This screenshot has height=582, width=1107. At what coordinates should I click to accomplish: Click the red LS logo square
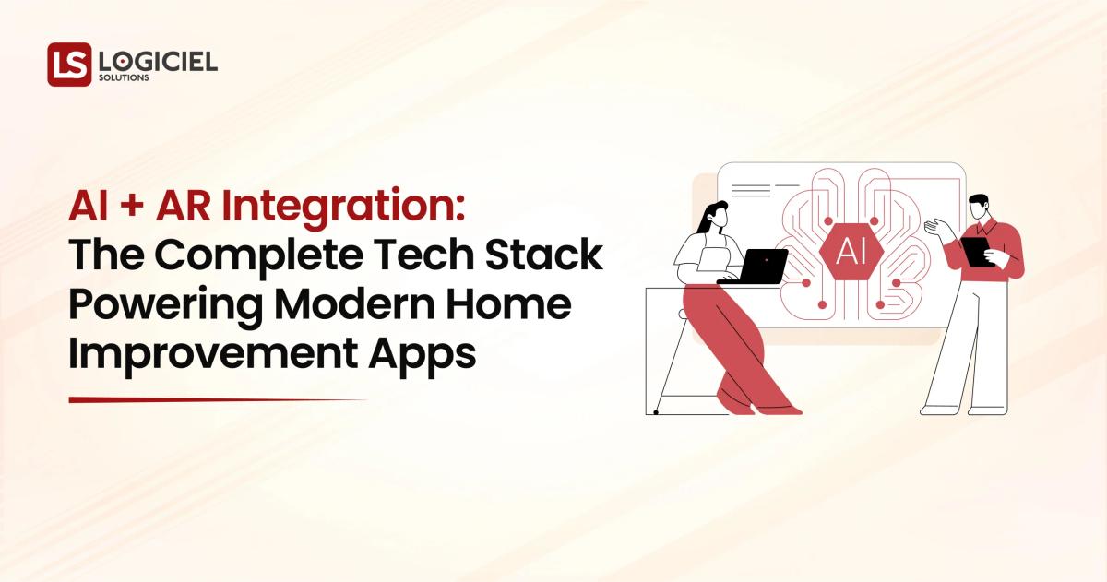pos(69,65)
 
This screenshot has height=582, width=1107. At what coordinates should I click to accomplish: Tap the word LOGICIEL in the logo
pos(158,61)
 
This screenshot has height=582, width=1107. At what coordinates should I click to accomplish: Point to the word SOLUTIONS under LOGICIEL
pos(124,78)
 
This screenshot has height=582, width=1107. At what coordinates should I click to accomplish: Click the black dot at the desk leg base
pos(656,412)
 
